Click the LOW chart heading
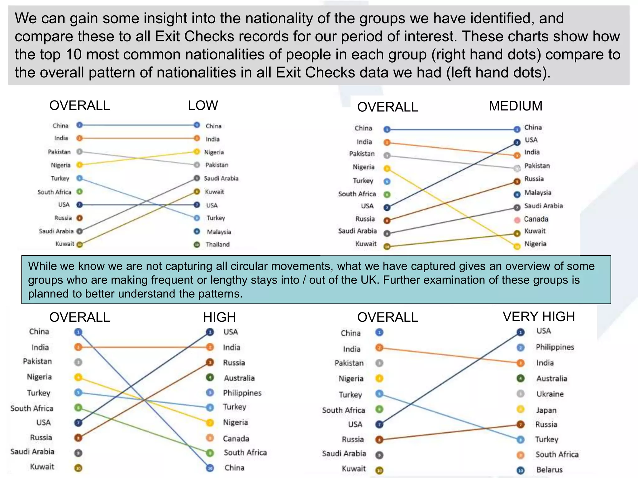(x=203, y=105)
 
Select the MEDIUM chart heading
(x=515, y=106)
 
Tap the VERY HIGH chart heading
(x=539, y=316)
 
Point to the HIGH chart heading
(x=219, y=317)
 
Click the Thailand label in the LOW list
(x=217, y=245)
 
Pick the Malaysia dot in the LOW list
(x=197, y=232)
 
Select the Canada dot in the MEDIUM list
(x=517, y=220)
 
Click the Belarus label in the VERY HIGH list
(x=549, y=470)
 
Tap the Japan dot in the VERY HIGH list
(x=521, y=409)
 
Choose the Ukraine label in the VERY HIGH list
(x=550, y=394)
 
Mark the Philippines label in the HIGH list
(x=242, y=393)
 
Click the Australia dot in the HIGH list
(x=210, y=377)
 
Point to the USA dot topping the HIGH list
(x=210, y=332)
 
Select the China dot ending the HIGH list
(x=210, y=468)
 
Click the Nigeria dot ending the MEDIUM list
(x=517, y=246)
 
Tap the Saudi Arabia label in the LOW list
(x=221, y=179)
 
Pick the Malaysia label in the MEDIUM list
(x=538, y=193)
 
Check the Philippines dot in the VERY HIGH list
(x=521, y=347)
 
